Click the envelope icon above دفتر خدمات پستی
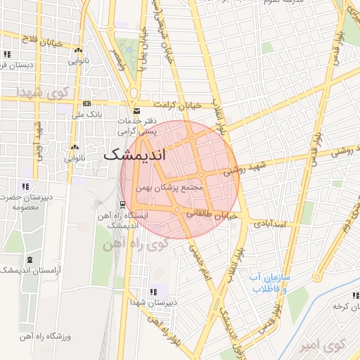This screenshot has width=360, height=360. pyautogui.click(x=136, y=111)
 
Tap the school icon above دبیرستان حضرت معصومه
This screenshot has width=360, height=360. pyautogui.click(x=25, y=186)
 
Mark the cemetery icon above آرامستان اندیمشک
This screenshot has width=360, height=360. pyautogui.click(x=29, y=260)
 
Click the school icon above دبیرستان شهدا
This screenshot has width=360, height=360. pyautogui.click(x=153, y=291)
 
